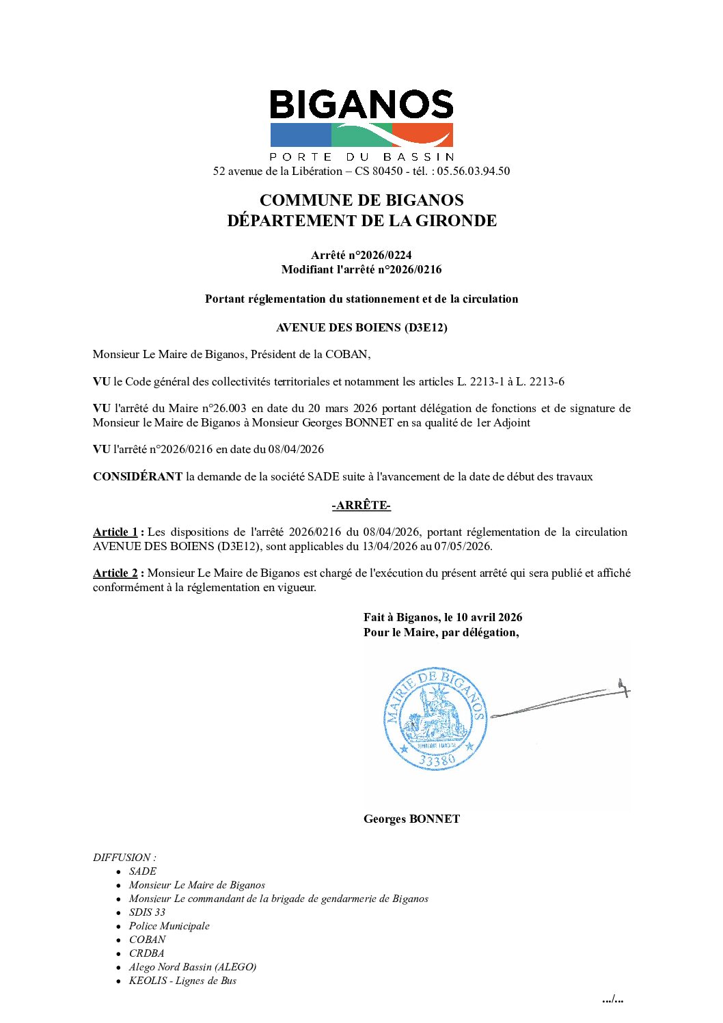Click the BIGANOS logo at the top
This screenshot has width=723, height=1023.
coord(361,120)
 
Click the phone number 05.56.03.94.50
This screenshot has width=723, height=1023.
coord(473,171)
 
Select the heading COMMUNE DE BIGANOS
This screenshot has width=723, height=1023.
coord(361,200)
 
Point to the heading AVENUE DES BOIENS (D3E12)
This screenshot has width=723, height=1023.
coord(361,327)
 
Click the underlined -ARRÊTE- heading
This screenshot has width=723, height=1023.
coord(361,506)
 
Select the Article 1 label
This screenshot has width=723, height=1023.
coord(115,532)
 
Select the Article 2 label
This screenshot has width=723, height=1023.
coord(115,573)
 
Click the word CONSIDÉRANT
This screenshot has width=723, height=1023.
coord(137,477)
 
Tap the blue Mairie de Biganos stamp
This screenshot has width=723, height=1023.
coord(435,719)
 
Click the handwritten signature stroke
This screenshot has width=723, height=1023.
coord(560,700)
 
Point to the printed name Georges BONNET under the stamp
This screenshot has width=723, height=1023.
coord(411,819)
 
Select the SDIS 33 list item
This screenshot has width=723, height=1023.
coord(147,912)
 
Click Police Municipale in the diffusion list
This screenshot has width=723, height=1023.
coord(169,926)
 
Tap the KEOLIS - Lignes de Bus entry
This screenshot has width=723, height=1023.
coord(182,981)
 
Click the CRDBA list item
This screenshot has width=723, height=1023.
coord(147,953)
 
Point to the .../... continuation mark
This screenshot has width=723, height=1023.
coord(612,1000)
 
